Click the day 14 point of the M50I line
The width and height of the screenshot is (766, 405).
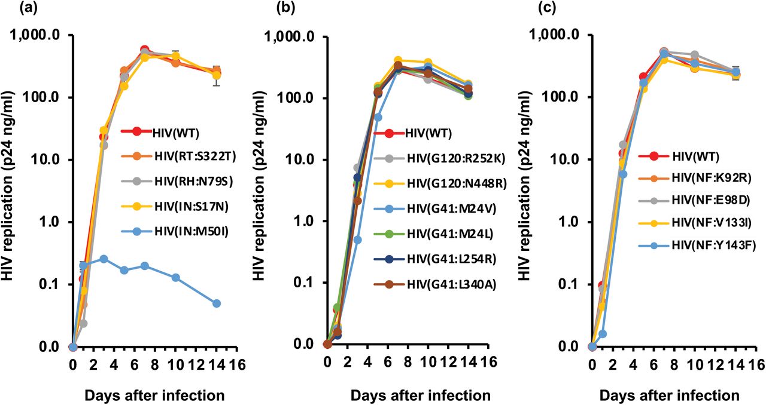click(x=217, y=303)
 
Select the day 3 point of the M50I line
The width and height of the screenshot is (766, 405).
click(x=104, y=259)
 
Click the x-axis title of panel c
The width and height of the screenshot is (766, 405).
click(x=668, y=395)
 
